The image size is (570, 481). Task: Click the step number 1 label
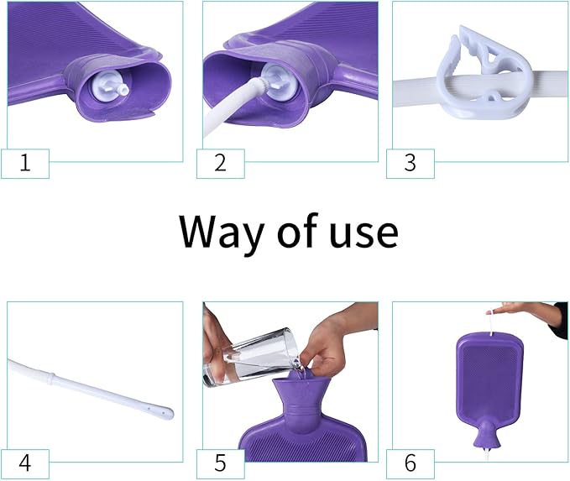[25, 162]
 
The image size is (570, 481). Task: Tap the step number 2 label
[221, 162]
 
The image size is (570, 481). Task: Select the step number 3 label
[410, 162]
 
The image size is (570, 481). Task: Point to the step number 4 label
[25, 463]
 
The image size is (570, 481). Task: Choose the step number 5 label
[221, 463]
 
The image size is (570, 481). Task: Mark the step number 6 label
[410, 463]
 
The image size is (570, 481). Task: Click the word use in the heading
[360, 233]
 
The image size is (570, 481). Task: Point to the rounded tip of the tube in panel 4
[166, 413]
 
